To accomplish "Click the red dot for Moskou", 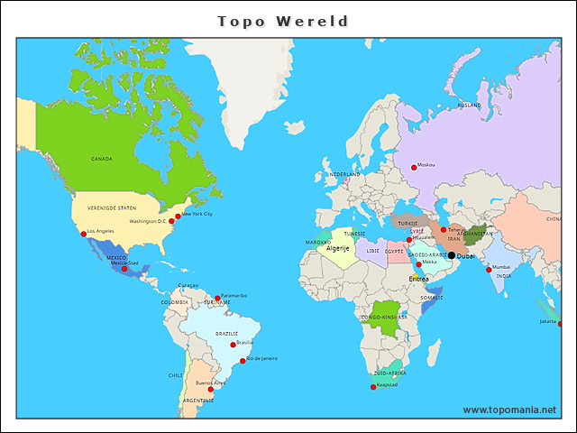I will point(414,166).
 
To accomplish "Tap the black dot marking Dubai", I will point(452,255).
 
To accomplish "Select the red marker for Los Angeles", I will point(84,234).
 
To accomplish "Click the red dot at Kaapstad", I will point(373,387).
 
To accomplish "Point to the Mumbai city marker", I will point(489,270).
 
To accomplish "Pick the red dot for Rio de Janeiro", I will point(243,360).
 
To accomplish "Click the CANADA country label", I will point(102,159).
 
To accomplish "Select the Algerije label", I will point(337,248).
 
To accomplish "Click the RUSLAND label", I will point(469,106).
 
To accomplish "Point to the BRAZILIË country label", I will point(226,334).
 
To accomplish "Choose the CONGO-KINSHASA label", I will point(383,318).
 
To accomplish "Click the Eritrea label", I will point(418,279).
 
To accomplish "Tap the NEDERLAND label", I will point(343,174).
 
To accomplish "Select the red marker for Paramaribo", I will point(217,298).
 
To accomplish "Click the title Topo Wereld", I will point(283,21).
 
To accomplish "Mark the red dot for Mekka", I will point(418,264).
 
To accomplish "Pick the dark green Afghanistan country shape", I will point(476,235).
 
